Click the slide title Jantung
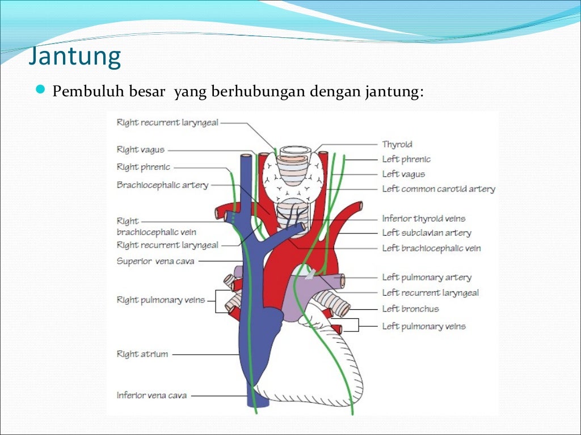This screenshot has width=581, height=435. [75, 57]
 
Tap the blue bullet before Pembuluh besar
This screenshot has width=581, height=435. [40, 89]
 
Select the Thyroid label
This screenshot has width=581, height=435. [397, 144]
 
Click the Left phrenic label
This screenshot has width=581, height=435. [406, 159]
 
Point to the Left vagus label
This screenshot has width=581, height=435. [403, 174]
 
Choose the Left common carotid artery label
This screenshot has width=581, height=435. [439, 189]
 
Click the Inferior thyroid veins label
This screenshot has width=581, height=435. [424, 219]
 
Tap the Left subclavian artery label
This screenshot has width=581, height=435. [427, 233]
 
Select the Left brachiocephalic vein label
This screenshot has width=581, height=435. [431, 248]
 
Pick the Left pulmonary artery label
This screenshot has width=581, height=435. [427, 278]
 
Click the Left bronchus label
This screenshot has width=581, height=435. [410, 309]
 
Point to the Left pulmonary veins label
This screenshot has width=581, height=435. [424, 326]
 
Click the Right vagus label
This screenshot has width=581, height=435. [141, 150]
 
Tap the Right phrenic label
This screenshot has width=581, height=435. [143, 167]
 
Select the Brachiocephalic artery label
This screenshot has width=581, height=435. [162, 185]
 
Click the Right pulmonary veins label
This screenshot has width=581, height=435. [161, 300]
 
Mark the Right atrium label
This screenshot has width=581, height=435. [142, 354]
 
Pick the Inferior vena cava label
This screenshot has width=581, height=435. [151, 395]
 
